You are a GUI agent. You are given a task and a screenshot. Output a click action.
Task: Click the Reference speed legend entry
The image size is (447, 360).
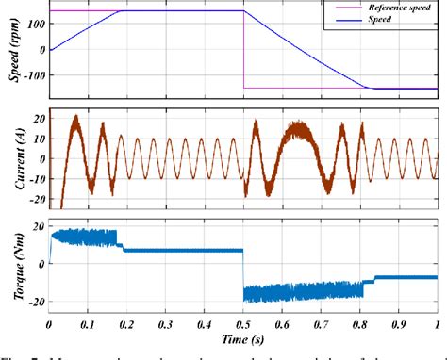[390, 7]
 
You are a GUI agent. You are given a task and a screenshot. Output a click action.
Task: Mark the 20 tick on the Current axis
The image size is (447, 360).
[38, 119]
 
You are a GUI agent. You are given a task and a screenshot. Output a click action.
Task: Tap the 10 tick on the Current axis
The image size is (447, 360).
[38, 139]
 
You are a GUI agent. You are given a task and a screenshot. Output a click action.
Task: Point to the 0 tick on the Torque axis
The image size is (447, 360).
[41, 264]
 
